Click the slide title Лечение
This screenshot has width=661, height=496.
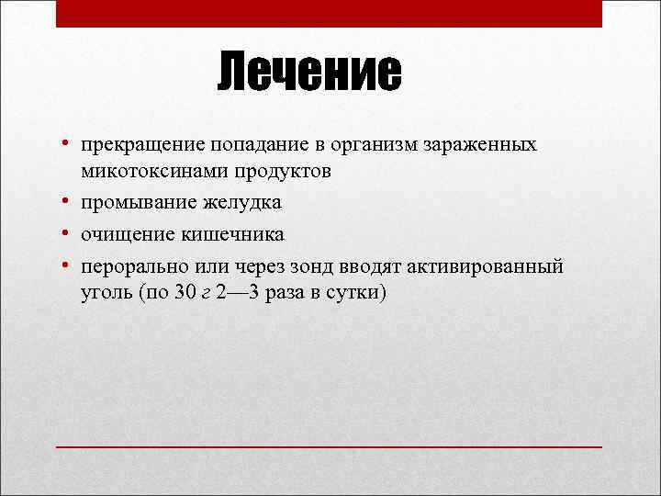tap(309, 73)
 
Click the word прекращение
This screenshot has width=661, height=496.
tap(142, 146)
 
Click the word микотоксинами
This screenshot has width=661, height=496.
tap(146, 172)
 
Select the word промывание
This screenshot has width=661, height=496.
tap(139, 202)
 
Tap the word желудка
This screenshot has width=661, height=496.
tap(242, 202)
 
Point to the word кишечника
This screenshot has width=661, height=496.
tap(230, 233)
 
